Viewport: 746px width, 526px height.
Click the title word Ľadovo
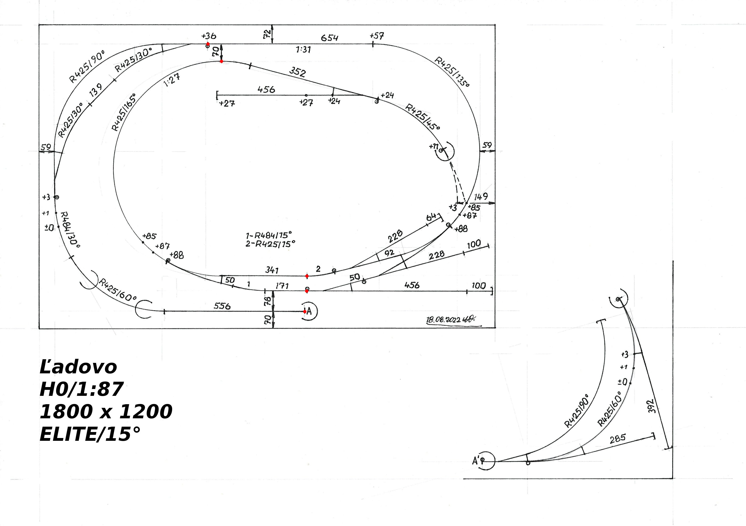click(x=78, y=367)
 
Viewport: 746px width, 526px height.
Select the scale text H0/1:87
click(x=81, y=389)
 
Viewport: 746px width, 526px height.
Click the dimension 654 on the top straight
click(x=330, y=38)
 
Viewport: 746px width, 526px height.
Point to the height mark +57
click(x=377, y=36)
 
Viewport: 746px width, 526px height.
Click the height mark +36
click(x=209, y=36)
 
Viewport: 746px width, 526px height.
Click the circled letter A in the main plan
click(x=309, y=311)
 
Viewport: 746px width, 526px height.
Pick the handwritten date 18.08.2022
click(x=448, y=320)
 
